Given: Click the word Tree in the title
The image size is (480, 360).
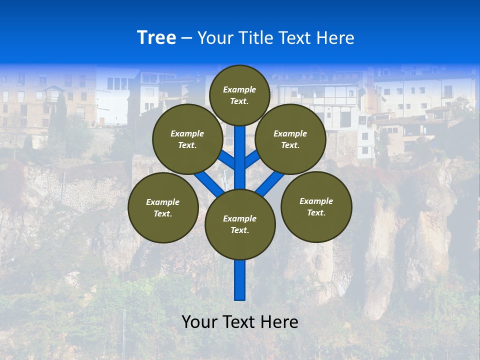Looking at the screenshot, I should point(156,37).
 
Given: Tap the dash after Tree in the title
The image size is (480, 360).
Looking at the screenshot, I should point(186,38).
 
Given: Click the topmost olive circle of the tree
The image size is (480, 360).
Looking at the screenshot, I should point(239,95).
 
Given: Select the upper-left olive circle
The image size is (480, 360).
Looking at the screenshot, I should point(187,139).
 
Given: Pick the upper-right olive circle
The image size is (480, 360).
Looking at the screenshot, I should point(290,139).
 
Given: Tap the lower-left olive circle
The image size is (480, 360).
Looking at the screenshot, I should point(163,207).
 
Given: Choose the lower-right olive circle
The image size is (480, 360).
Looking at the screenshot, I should point(316,206).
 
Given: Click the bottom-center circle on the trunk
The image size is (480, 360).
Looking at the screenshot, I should point(240,224).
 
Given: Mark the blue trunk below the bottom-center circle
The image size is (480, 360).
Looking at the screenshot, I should point(240,280).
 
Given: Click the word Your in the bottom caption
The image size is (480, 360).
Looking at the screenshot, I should point(199,322).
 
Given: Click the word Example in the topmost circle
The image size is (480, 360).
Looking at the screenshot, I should point(239,89).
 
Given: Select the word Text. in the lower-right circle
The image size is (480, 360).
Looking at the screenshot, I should point(316,212).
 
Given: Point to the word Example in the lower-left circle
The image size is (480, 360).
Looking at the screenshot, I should point(162,202).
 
